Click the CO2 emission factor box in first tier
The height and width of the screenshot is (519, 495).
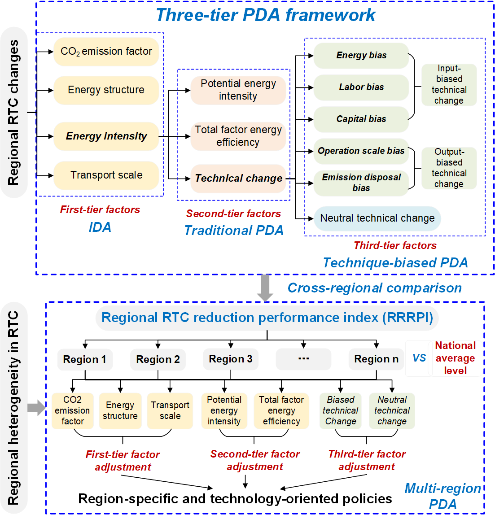[106, 52]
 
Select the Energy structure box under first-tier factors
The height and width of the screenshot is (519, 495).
[106, 90]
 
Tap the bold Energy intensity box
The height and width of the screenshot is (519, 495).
[106, 136]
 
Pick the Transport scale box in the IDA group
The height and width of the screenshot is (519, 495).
[106, 175]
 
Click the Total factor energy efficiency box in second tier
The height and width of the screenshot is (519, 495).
[238, 136]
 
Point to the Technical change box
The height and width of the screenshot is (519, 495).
[238, 179]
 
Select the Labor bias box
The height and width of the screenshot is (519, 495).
[361, 87]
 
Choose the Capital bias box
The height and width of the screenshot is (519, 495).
[361, 119]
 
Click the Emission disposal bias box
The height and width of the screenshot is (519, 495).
[361, 183]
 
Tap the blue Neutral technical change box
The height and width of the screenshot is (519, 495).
[377, 218]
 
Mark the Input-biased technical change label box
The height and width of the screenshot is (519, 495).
[449, 85]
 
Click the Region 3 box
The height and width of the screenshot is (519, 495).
[231, 359]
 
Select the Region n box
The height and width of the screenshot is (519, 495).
[376, 359]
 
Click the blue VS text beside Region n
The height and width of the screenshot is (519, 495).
[419, 358]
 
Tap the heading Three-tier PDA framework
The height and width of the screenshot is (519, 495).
[265, 15]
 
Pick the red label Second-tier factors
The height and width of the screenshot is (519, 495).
[233, 214]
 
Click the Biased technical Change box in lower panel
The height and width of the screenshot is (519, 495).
[341, 411]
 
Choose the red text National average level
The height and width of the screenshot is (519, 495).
[455, 358]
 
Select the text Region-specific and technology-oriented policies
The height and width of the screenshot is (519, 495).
[235, 499]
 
